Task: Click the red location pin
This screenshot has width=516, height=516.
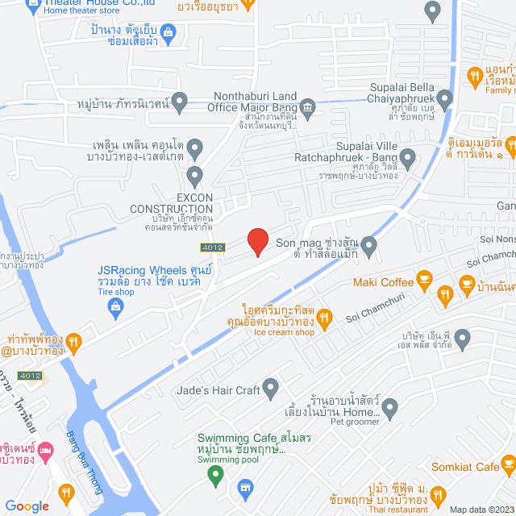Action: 257,242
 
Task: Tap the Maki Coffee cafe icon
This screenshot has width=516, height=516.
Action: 425,281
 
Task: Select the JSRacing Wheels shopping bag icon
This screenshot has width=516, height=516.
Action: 117,306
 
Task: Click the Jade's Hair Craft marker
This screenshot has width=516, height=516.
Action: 271,390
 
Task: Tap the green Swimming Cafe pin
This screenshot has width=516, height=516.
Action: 214,476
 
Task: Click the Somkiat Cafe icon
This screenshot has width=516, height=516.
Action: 508,464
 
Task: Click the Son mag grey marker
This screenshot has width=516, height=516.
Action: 368,243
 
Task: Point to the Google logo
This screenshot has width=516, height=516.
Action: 27,506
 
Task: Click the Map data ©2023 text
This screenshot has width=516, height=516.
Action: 481,510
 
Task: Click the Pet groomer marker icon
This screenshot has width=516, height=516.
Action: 390,410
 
